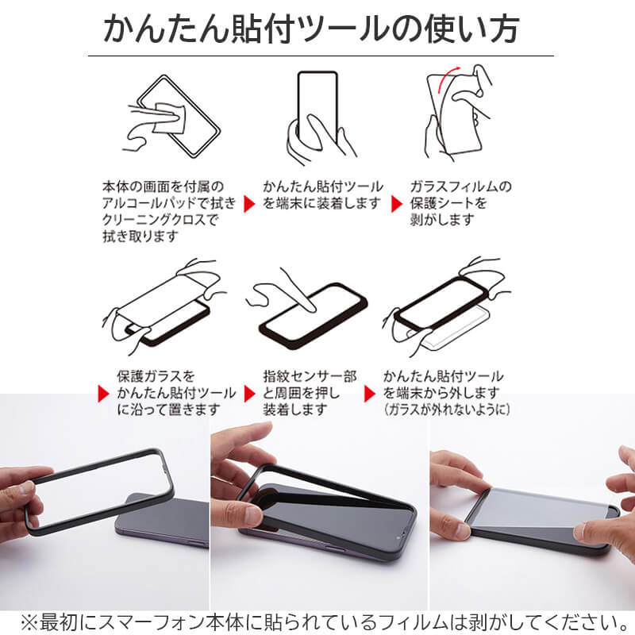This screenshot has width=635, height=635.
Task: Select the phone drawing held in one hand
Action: point(317,107)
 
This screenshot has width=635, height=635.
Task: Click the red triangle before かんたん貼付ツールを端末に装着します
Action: point(249,204)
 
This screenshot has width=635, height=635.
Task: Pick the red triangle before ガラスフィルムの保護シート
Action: point(396,204)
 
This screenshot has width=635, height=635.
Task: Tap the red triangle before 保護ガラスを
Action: point(102,394)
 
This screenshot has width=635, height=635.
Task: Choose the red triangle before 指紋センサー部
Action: point(249,394)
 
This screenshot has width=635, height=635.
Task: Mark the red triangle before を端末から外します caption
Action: point(369,394)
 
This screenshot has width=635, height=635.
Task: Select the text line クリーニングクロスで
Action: point(159,221)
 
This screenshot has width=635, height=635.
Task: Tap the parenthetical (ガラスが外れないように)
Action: point(446,410)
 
